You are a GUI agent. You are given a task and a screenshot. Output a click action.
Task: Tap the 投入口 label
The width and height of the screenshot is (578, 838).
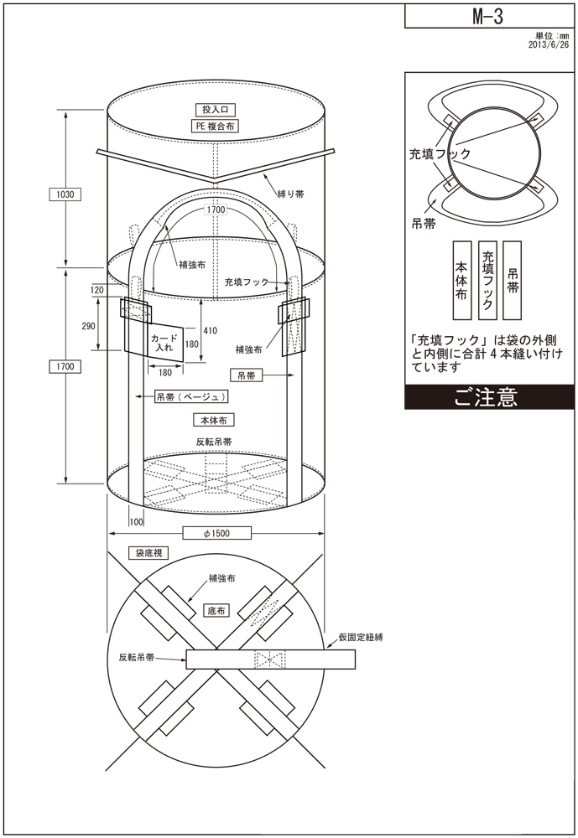click(x=217, y=110)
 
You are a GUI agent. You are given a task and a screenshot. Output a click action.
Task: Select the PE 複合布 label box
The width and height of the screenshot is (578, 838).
click(x=217, y=127)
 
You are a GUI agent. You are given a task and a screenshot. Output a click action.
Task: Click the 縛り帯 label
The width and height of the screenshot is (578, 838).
click(x=290, y=193)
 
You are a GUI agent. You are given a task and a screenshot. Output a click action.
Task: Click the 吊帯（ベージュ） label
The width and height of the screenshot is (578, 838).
click(x=193, y=396)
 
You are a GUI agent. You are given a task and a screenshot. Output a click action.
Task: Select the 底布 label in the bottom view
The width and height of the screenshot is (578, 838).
click(x=216, y=612)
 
